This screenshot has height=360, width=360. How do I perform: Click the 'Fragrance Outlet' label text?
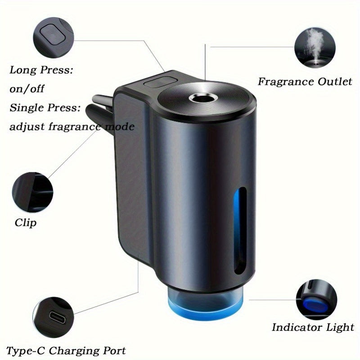[305, 81]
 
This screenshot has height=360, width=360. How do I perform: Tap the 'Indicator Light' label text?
[313, 327]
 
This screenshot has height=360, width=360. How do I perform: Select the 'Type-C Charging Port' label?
[66, 350]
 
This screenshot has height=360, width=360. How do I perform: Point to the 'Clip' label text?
[26, 222]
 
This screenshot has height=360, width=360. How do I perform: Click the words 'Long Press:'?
[41, 70]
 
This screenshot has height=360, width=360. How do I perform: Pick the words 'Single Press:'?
[45, 108]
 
